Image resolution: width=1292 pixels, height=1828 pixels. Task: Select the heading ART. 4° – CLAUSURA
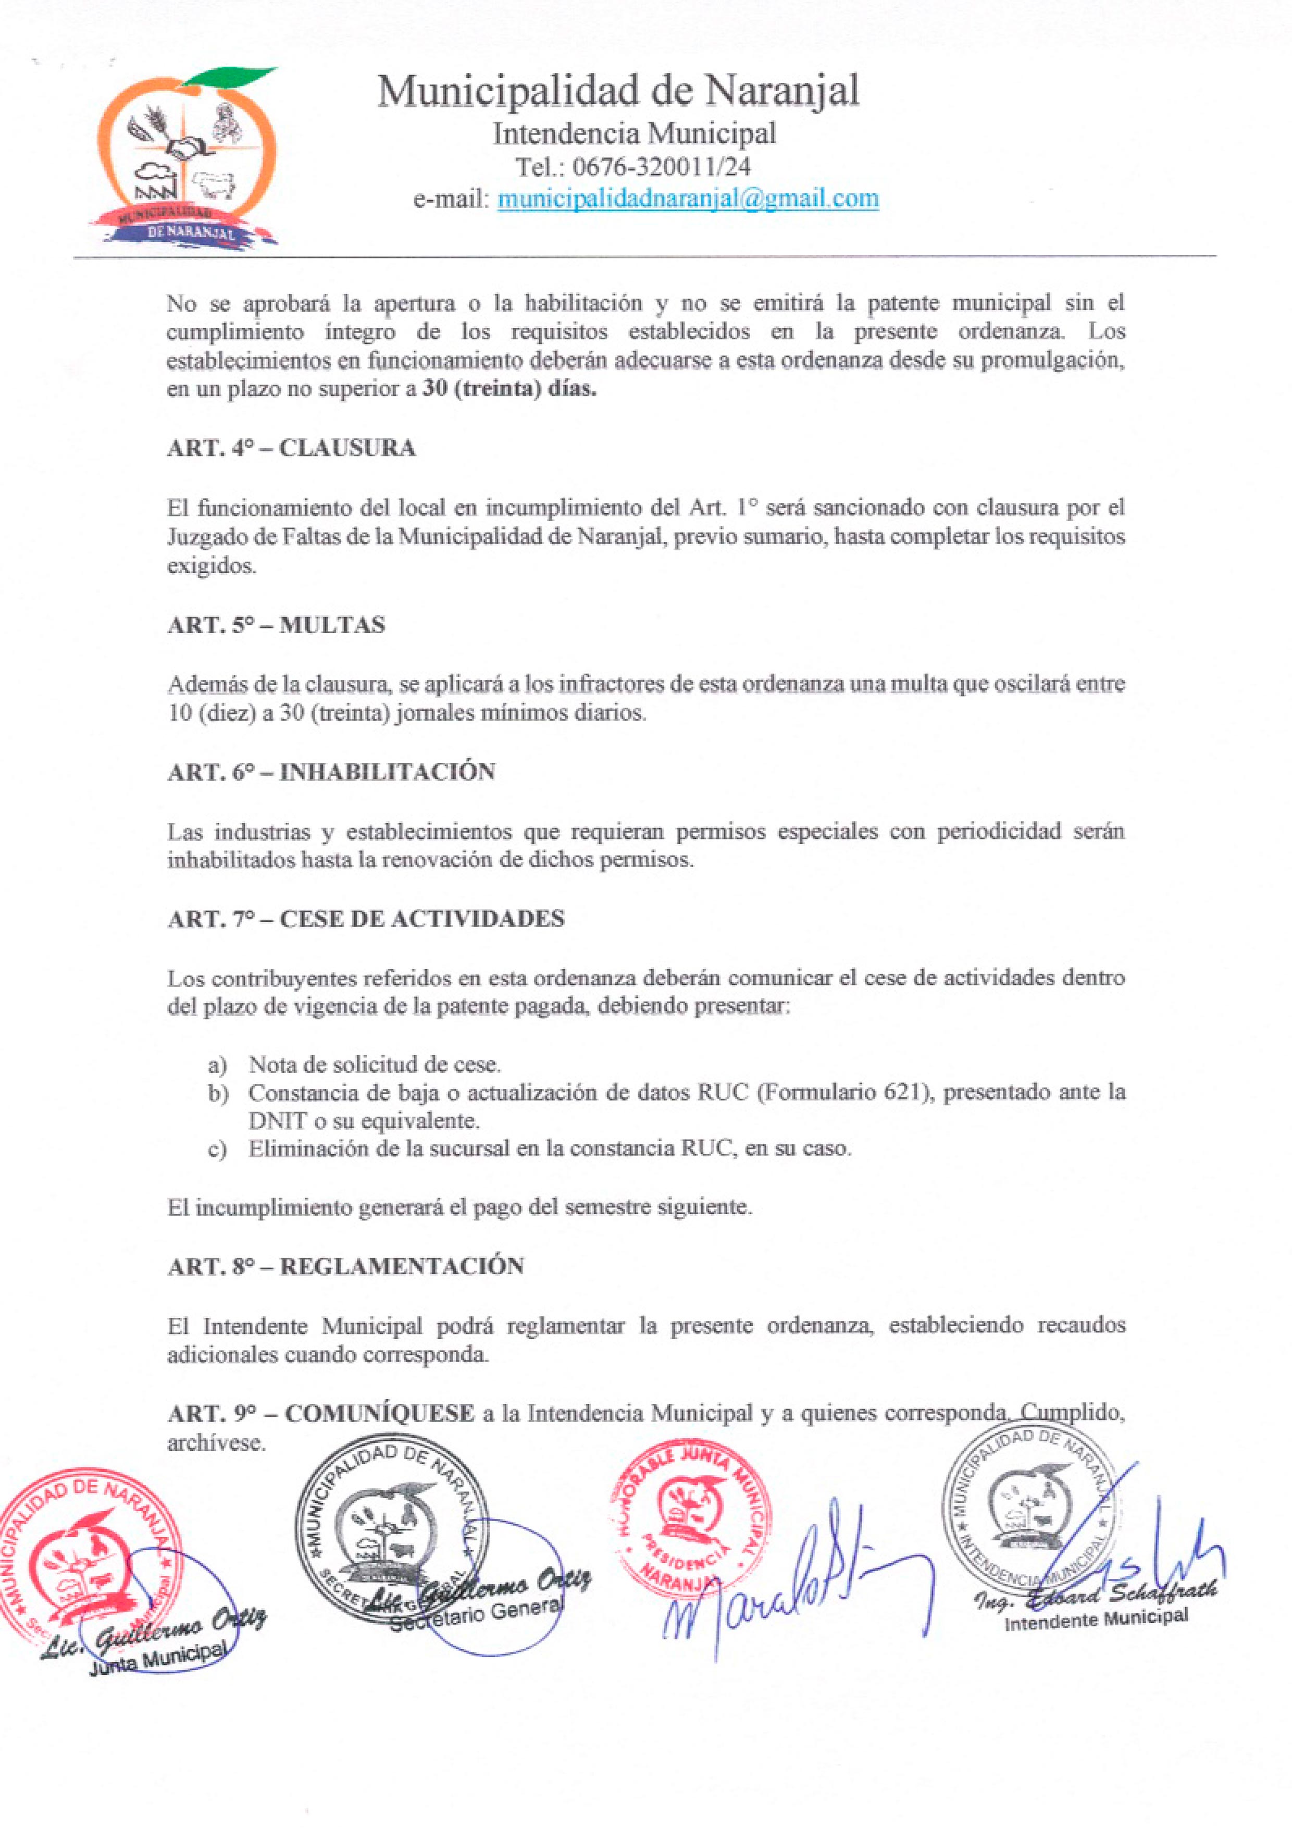tap(291, 448)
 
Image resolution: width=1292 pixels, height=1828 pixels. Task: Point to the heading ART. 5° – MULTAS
tap(276, 625)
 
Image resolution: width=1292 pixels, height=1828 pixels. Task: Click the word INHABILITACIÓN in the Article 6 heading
tap(388, 772)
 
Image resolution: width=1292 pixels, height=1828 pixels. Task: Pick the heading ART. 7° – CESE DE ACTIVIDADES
tap(366, 919)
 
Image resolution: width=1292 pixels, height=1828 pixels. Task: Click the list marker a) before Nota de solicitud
tap(217, 1065)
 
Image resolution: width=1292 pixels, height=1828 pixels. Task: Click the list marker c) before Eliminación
tap(217, 1150)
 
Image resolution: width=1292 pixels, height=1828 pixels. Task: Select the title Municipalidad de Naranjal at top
tap(618, 91)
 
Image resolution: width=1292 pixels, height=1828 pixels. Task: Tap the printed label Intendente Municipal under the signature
tap(1096, 1619)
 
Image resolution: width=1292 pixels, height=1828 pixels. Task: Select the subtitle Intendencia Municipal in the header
tap(633, 133)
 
